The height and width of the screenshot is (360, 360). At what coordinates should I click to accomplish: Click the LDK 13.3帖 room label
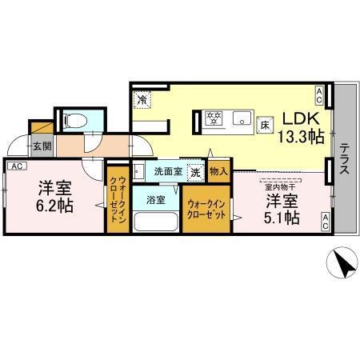pyautogui.click(x=301, y=127)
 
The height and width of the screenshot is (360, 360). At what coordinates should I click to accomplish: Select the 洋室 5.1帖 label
pyautogui.click(x=283, y=207)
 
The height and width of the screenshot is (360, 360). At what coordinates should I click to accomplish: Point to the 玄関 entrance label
pyautogui.click(x=42, y=146)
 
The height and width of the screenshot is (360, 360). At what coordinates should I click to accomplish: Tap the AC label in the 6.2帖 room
pyautogui.click(x=18, y=166)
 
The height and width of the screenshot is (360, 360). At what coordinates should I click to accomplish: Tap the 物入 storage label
pyautogui.click(x=218, y=170)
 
